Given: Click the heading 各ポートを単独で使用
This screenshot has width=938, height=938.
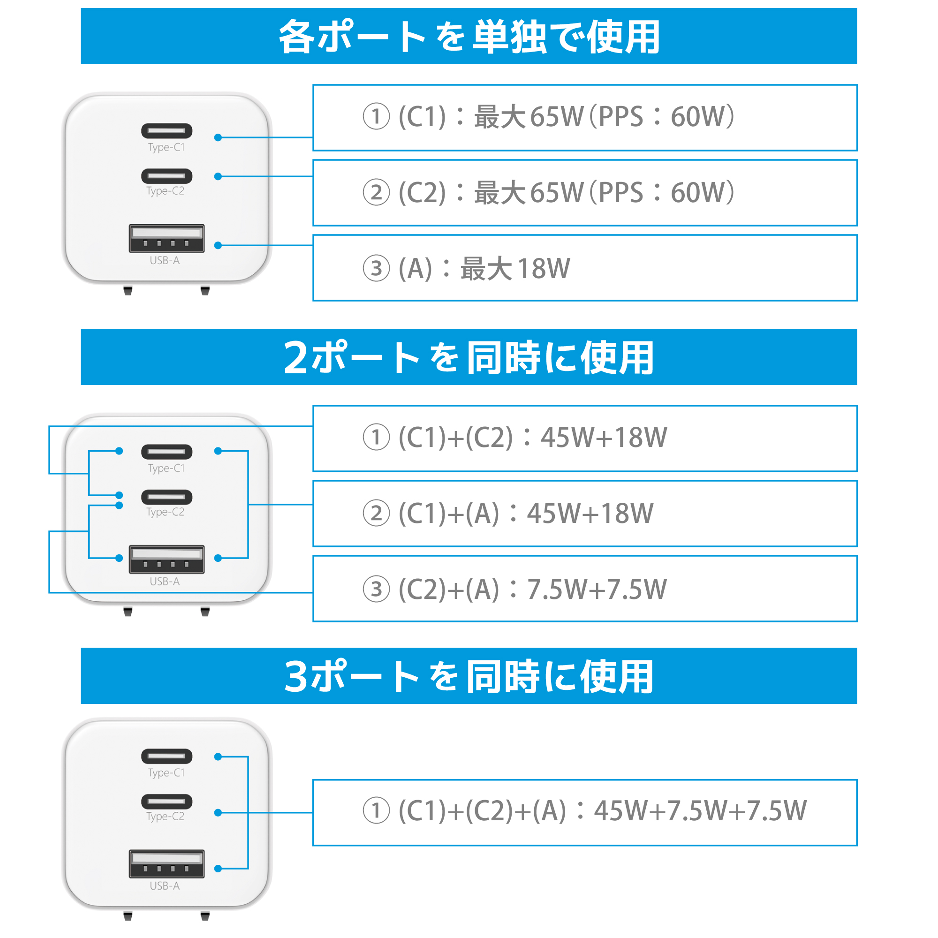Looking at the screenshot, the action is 469,37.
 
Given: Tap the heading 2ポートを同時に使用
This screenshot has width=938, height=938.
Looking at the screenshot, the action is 469,357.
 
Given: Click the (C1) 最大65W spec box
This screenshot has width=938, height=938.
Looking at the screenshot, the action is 585,118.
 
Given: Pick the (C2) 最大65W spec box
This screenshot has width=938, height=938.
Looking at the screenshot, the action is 585,193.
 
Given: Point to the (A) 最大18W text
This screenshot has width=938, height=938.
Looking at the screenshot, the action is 467,268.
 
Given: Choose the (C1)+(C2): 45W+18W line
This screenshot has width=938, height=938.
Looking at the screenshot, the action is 515,437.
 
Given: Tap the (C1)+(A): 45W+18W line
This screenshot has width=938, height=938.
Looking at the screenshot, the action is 508,513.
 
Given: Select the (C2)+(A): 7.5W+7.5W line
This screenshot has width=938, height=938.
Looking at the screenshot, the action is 515,589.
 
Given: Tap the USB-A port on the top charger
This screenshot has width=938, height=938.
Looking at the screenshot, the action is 166,238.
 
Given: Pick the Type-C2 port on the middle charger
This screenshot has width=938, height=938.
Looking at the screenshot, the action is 166,497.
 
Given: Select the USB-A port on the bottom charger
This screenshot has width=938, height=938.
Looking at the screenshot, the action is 166,864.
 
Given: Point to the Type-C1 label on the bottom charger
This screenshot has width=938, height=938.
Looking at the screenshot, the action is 166,773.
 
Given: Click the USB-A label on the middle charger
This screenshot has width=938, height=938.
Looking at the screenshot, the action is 165,581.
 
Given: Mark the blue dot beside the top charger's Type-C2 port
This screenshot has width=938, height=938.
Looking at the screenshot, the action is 218,176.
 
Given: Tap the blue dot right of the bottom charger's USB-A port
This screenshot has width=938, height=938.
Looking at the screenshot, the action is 218,869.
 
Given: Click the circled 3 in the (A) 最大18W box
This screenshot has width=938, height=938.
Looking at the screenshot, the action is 376,268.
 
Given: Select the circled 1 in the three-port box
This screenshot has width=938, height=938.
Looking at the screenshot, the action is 376,810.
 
